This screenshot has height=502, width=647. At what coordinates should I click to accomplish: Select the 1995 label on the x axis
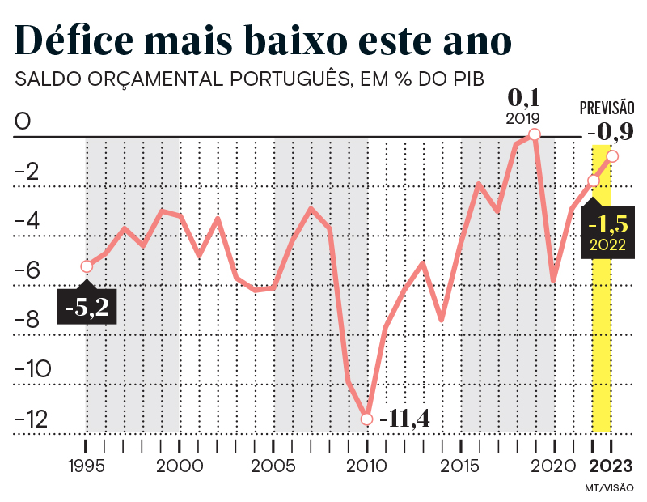pos(85,467)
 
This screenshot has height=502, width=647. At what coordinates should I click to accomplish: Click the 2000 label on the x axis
pos(180,467)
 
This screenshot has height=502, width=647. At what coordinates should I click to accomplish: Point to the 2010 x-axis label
pos(366,467)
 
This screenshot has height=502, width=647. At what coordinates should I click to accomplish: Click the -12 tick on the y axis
pos(32,419)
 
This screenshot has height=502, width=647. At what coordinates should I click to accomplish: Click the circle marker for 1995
pos(87,266)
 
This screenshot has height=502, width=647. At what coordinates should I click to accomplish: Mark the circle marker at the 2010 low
pos(366,419)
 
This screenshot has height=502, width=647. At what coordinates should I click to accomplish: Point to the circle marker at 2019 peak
pos(534,134)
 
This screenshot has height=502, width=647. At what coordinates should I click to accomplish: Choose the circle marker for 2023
pos(612,156)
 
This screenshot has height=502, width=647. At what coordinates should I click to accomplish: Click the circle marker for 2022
pos(594,180)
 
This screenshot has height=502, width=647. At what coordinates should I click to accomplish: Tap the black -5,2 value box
pos(87,306)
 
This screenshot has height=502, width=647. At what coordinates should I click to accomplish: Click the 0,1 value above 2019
pos(522,98)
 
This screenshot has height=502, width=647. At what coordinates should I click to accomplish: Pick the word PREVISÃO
pos(607,108)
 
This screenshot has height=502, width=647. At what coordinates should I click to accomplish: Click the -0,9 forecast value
pos(611,131)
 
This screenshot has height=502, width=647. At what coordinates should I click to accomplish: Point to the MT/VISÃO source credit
pos(608,488)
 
